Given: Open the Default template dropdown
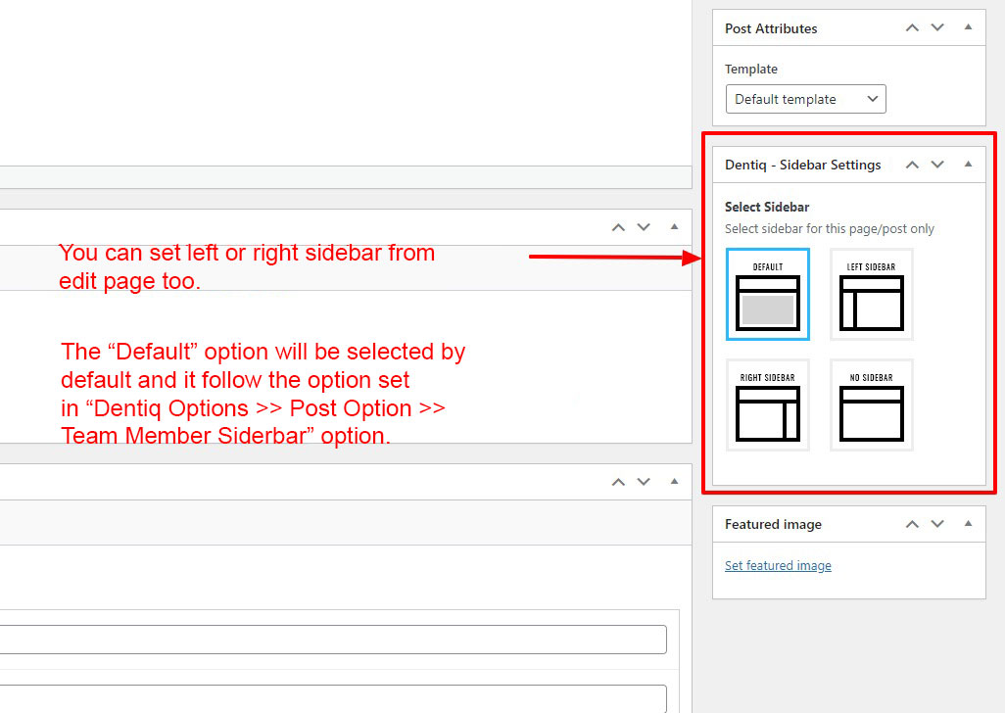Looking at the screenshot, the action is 806,99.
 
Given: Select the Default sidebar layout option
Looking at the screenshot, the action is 768,294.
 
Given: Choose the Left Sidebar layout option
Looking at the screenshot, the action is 871,294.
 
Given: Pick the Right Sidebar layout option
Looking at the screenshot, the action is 768,404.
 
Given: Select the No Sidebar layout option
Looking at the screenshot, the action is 871,404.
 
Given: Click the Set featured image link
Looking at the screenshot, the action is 778,566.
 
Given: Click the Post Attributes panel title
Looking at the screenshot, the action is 771,28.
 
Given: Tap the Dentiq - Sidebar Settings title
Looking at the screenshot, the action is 803,166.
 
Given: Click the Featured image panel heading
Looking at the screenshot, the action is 773,525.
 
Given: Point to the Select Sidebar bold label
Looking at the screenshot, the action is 767,207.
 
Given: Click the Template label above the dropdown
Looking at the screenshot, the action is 751,70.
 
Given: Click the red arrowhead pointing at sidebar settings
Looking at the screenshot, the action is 693,258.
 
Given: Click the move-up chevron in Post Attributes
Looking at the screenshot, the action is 912,27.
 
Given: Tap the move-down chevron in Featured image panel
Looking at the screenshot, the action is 937,524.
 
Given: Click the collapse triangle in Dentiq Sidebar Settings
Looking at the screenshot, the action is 969,164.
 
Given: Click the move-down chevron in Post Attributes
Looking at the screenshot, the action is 937,27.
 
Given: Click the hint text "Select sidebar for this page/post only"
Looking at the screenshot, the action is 830,229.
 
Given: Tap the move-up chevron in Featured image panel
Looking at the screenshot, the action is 912,524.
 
